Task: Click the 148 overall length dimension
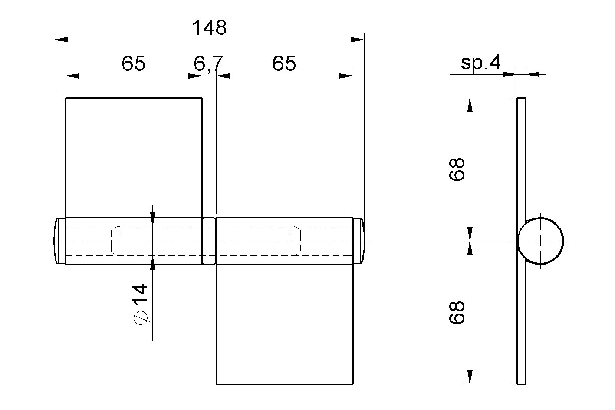pyautogui.click(x=210, y=27)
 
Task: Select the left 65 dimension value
pyautogui.click(x=133, y=63)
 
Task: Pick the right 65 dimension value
pyautogui.click(x=284, y=63)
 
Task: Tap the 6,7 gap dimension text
pyautogui.click(x=208, y=64)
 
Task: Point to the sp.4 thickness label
pyautogui.click(x=480, y=63)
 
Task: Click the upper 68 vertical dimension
pyautogui.click(x=457, y=169)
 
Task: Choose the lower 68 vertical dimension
pyautogui.click(x=457, y=313)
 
